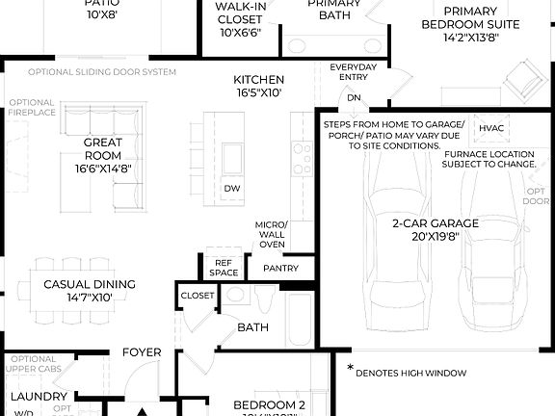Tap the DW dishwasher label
coord(231,188)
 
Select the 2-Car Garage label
coord(435,230)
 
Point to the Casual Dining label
coord(90,291)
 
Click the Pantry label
coord(280,269)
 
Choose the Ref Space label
coord(224,267)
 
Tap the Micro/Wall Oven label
coord(271,234)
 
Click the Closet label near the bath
coord(198,296)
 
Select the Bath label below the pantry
coord(252,327)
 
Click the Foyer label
coord(142,352)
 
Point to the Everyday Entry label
coord(353,73)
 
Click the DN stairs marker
coord(354,97)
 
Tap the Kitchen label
coord(258,87)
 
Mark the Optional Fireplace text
coord(34,108)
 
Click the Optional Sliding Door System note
coord(102,72)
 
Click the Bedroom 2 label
coord(271,405)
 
